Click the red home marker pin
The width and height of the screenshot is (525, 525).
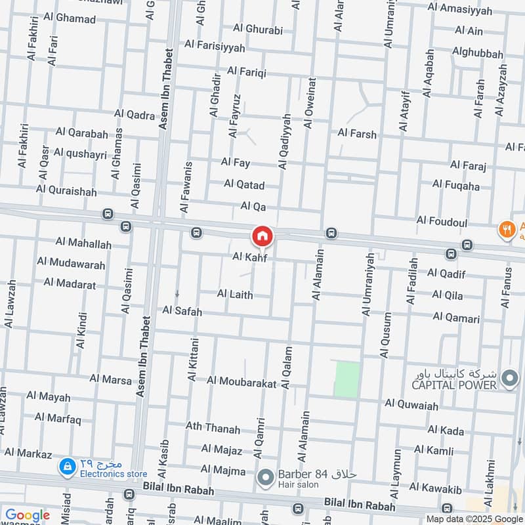pyautogui.click(x=262, y=236)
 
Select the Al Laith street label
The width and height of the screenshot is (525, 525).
pyautogui.click(x=234, y=295)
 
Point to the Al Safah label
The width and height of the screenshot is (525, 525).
pyautogui.click(x=182, y=310)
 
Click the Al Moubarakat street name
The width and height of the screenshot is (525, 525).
pyautogui.click(x=241, y=381)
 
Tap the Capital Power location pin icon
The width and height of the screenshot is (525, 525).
pyautogui.click(x=509, y=378)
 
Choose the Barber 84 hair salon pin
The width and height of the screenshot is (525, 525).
pyautogui.click(x=265, y=478)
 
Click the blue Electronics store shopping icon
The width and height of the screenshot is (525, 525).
pyautogui.click(x=66, y=467)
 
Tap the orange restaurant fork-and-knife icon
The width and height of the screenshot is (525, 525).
pyautogui.click(x=506, y=229)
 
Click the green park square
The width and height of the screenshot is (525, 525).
pyautogui.click(x=346, y=379)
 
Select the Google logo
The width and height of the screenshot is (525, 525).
pyautogui.click(x=27, y=515)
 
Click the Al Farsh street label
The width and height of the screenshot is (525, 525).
pyautogui.click(x=357, y=134)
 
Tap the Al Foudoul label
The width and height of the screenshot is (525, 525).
pyautogui.click(x=442, y=222)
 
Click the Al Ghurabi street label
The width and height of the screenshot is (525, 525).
pyautogui.click(x=258, y=29)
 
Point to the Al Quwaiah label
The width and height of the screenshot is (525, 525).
pyautogui.click(x=411, y=406)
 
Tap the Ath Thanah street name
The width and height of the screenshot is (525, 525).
pyautogui.click(x=213, y=429)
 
